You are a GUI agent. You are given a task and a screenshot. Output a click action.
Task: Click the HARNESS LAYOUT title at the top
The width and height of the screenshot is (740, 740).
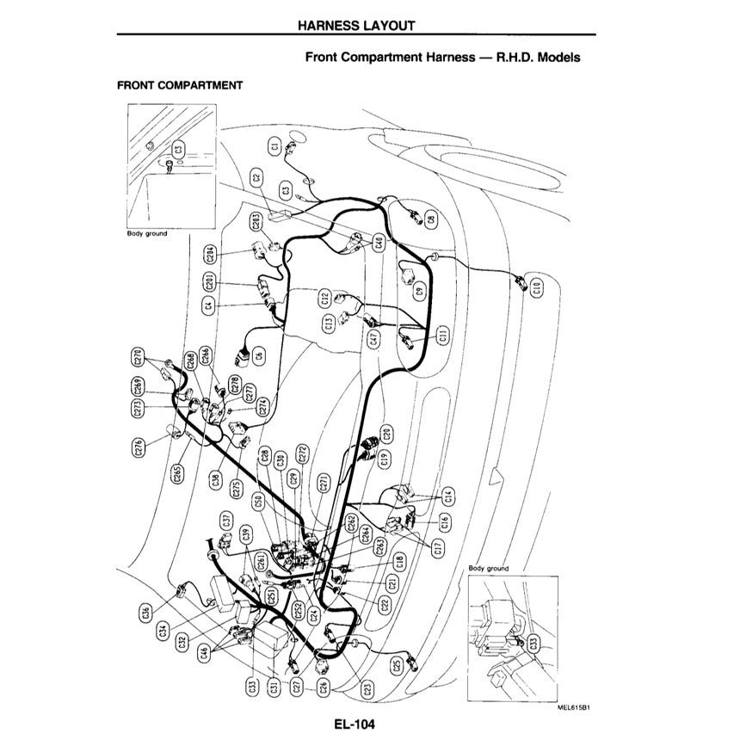356,25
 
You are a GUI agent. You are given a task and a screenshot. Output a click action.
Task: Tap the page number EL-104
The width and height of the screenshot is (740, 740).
356,725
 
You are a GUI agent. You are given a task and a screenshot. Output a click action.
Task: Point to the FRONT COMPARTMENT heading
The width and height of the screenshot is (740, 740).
179,85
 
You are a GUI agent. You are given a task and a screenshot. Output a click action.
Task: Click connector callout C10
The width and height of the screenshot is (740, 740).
536,288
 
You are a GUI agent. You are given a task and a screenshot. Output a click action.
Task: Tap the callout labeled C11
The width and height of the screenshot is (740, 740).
442,335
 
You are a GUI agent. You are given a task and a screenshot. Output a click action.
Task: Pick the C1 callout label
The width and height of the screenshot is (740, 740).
275,147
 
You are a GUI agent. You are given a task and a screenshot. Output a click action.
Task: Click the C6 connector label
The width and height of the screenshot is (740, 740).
259,350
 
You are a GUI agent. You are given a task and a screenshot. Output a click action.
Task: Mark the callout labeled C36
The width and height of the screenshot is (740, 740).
144,613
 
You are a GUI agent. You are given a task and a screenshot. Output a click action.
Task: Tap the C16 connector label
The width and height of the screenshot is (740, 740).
445,521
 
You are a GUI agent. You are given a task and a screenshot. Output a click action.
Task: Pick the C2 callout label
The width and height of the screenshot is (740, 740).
256,179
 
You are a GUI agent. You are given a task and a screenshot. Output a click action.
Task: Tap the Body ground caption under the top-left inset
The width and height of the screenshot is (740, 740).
147,233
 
